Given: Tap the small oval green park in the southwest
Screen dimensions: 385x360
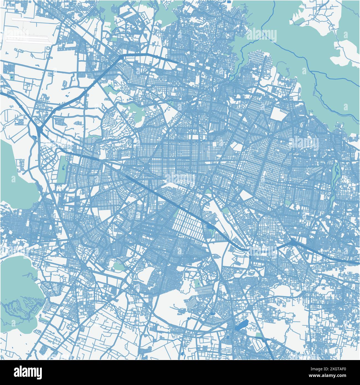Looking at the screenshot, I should pyautogui.click(x=119, y=266).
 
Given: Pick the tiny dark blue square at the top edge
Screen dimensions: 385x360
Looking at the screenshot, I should pyautogui.click(x=228, y=1).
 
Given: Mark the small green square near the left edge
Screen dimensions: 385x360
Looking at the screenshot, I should pyautogui.click(x=12, y=77).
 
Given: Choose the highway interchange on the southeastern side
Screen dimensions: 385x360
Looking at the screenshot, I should pyautogui.click(x=293, y=243).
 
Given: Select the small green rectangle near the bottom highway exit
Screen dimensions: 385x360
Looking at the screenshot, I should pyautogui.click(x=259, y=335).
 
